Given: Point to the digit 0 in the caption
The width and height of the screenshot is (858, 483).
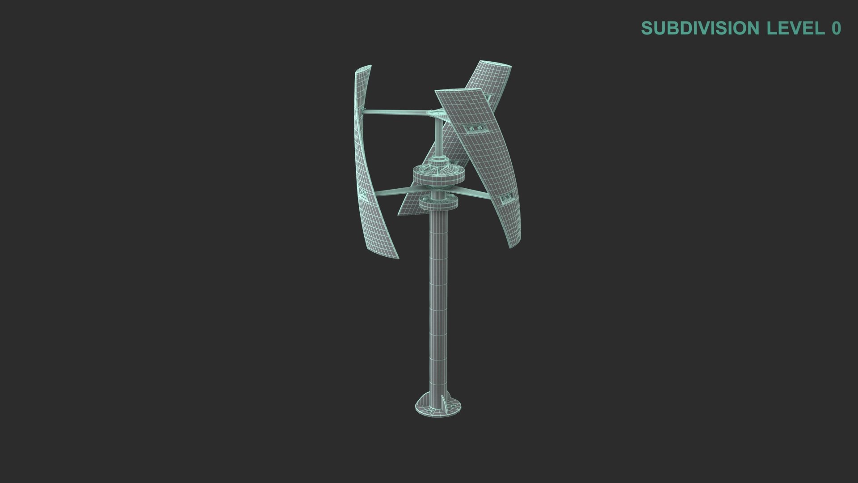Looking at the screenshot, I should (x=836, y=28).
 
